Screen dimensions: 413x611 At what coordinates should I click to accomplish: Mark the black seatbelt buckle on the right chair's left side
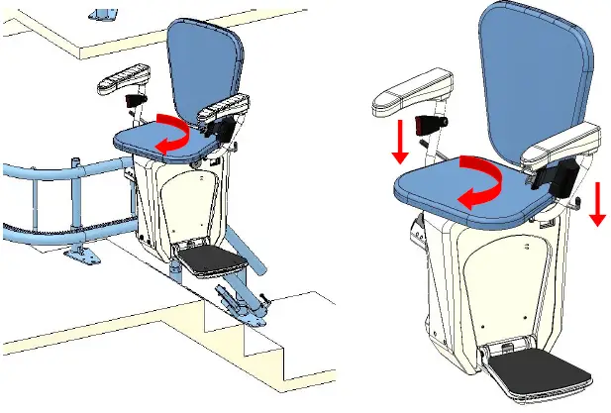tap(429, 126)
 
